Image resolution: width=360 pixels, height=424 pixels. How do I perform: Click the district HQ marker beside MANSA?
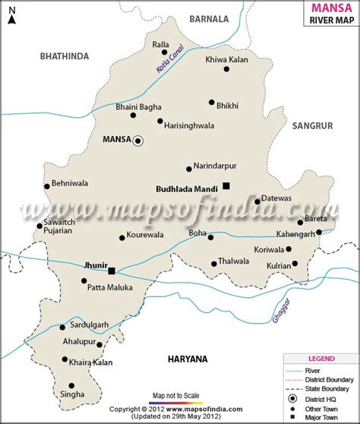[x=137, y=141]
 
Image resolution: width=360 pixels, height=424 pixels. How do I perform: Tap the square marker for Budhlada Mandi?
[x=226, y=186]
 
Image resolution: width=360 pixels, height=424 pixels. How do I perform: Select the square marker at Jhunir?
[x=112, y=271]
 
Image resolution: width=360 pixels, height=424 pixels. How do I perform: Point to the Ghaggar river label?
[x=280, y=311]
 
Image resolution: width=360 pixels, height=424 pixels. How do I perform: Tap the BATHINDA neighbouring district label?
[x=65, y=55]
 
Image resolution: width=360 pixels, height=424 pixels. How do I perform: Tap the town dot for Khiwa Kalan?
[x=226, y=69]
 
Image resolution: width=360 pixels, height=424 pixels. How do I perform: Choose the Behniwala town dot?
[x=47, y=186]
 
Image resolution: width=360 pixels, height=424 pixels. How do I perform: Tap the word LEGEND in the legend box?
[x=319, y=358]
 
